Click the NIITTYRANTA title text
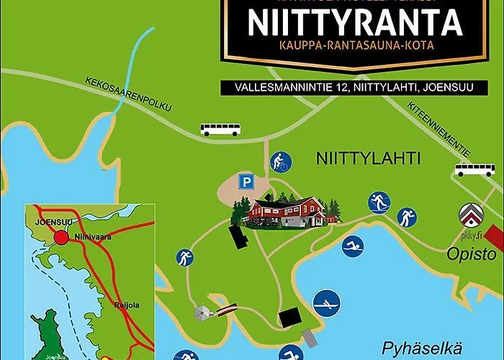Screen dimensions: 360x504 354,22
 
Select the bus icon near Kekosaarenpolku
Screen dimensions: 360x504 220,130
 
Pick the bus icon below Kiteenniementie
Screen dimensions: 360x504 474,170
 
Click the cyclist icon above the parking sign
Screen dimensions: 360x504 279,163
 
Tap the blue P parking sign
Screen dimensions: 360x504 247,182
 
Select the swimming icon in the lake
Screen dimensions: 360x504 353,248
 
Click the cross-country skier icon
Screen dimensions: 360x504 379,202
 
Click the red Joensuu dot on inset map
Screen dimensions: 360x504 63,237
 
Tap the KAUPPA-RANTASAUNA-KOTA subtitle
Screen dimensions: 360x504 354,45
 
